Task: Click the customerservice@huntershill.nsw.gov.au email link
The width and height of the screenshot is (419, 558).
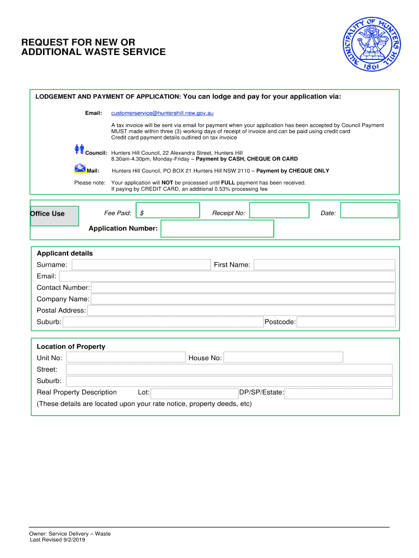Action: click(162, 113)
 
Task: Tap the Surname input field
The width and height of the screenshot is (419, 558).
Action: click(141, 265)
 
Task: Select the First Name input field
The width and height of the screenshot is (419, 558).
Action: click(324, 265)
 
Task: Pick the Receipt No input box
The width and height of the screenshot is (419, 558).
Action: click(279, 211)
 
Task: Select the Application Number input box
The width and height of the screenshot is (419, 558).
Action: click(217, 228)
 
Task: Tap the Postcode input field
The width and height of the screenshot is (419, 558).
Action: click(346, 322)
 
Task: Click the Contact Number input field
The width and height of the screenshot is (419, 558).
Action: click(243, 288)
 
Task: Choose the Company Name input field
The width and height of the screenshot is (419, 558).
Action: click(243, 299)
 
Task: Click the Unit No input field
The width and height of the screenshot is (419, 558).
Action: click(126, 357)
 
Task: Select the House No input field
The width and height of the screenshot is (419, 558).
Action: click(283, 357)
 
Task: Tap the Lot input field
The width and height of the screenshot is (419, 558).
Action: click(194, 393)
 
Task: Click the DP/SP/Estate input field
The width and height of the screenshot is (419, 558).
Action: click(338, 393)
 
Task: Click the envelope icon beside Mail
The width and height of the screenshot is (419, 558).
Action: click(80, 168)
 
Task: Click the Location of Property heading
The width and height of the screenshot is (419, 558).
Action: click(71, 347)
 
